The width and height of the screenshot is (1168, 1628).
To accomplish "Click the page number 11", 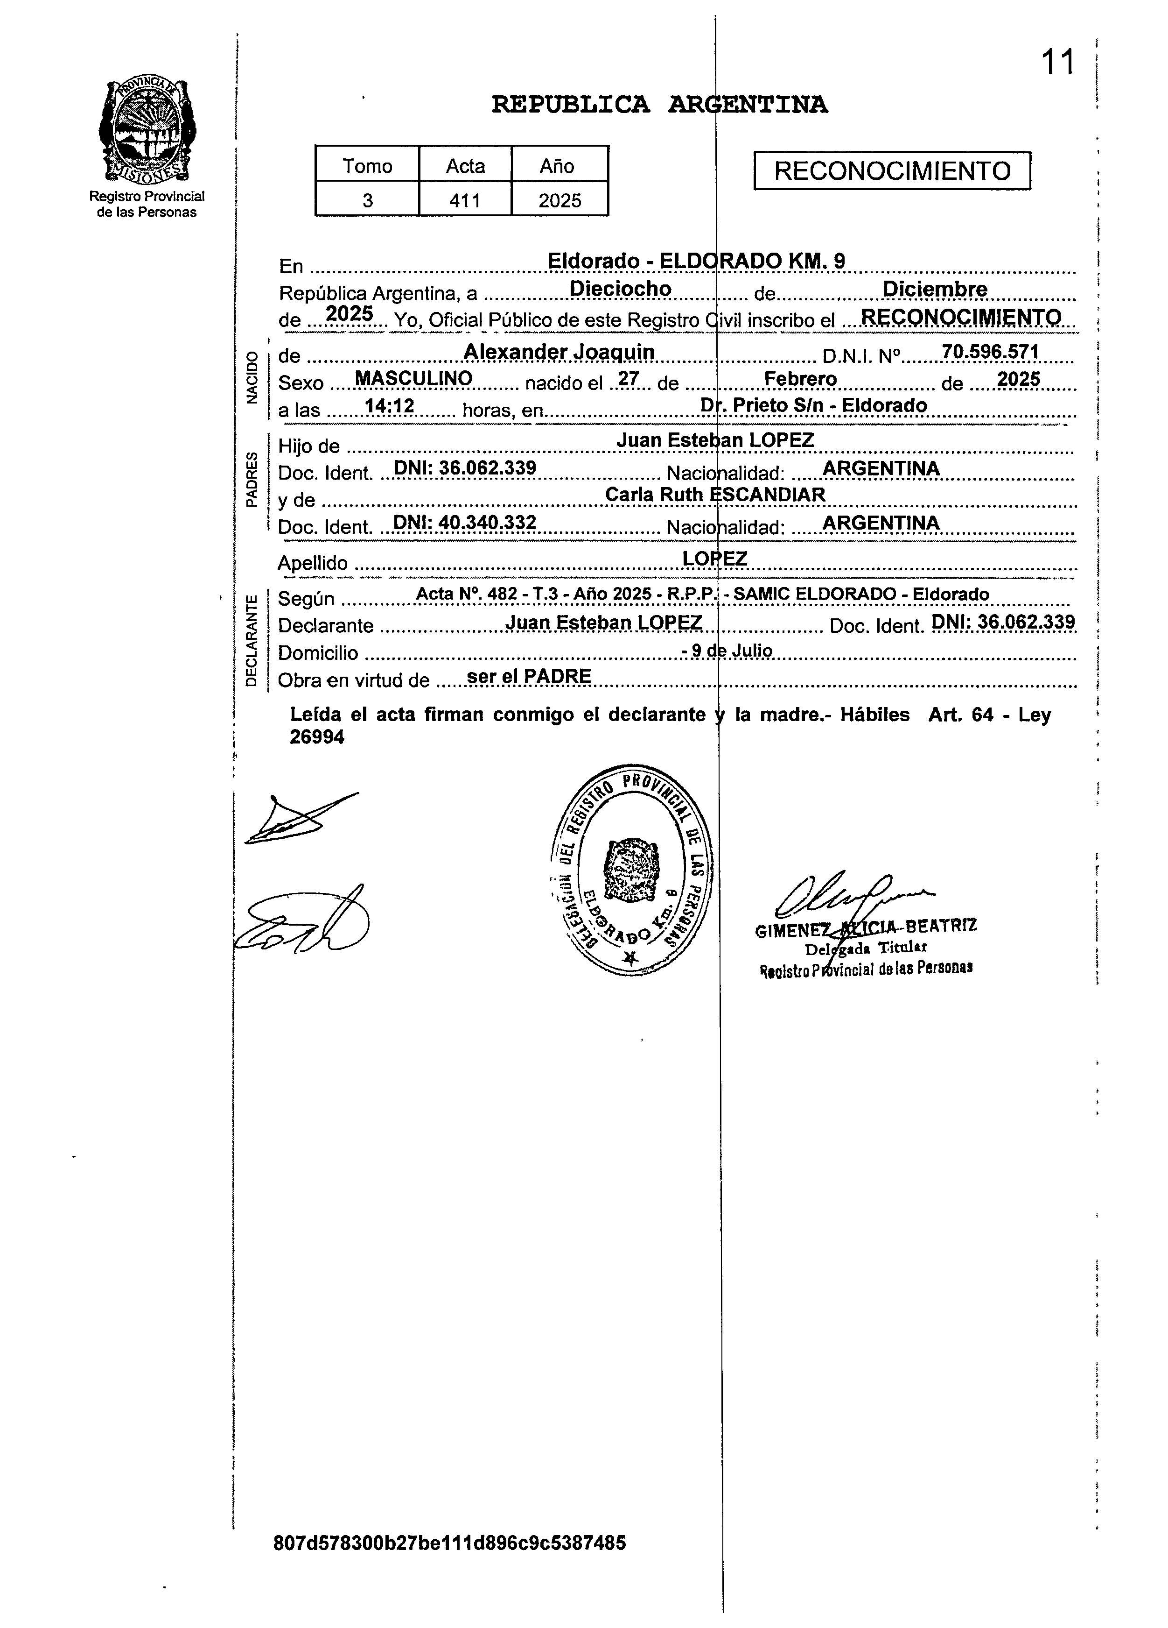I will click(1057, 63).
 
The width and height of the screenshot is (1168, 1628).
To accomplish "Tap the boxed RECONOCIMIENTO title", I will click(892, 171).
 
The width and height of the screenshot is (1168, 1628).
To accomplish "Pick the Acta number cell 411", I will click(464, 200).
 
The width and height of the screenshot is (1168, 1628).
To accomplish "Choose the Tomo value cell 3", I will click(367, 200).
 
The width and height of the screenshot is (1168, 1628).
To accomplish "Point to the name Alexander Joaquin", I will click(559, 352).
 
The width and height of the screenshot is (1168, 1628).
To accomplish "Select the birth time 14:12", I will click(390, 406).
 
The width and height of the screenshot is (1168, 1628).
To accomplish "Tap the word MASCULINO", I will click(414, 378).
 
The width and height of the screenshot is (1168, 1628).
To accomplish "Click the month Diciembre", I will click(934, 289).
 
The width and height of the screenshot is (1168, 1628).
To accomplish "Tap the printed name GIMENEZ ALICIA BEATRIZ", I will click(865, 928).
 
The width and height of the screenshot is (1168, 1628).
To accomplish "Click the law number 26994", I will click(316, 737).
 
